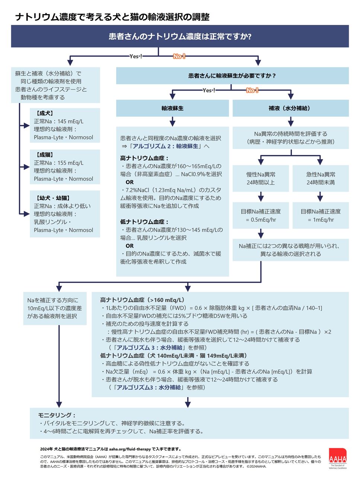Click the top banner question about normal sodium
180,37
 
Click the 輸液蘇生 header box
172,108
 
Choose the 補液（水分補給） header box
290,108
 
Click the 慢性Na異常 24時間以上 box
261,178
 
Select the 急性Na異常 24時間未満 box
321,178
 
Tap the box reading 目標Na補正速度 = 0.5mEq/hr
261,215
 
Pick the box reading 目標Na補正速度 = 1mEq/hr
321,215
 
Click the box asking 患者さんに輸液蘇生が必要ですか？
232,76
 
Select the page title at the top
112,17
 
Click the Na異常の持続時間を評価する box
290,138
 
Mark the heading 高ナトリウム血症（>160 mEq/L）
143,300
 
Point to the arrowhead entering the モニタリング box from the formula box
188,404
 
